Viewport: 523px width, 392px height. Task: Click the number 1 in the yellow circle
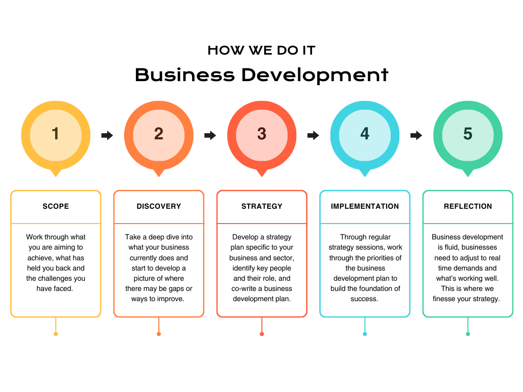pos(55,134)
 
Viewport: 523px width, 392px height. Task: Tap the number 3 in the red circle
pos(262,134)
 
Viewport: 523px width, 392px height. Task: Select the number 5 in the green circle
pos(468,134)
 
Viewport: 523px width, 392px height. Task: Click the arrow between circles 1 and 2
pos(107,135)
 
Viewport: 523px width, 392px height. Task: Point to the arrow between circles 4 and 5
pos(416,135)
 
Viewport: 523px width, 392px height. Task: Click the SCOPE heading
pos(56,206)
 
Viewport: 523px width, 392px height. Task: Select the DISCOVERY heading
pos(159,206)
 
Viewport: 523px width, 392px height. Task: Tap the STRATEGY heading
pos(262,206)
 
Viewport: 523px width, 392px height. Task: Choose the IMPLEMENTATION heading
pos(365,206)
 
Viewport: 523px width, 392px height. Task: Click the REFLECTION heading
pos(468,206)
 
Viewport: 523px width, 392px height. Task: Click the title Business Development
pos(261,75)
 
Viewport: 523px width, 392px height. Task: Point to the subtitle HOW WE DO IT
pos(261,51)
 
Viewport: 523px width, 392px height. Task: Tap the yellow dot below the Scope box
pos(56,334)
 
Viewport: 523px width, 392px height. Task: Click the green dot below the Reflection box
pos(468,334)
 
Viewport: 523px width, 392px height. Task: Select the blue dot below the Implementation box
pos(365,334)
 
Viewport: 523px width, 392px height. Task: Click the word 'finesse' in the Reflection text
pos(444,299)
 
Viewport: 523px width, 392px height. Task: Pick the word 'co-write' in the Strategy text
pos(244,288)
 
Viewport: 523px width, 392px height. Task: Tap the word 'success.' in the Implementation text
pos(364,299)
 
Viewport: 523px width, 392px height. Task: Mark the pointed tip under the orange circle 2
pos(159,177)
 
